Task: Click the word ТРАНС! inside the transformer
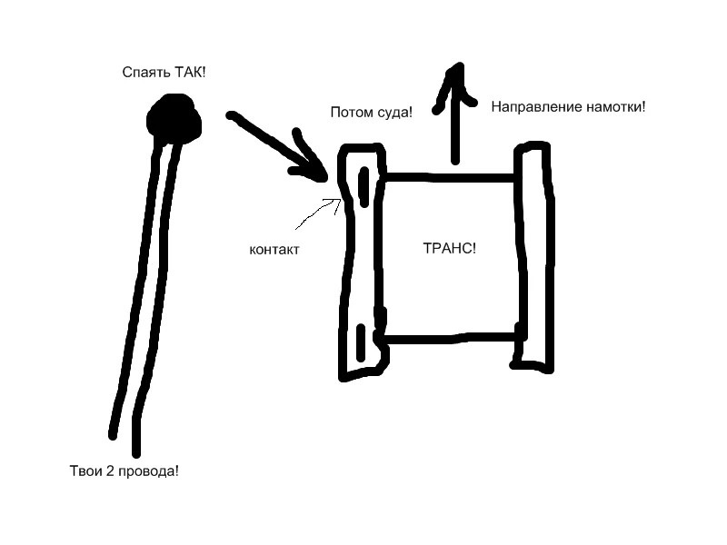(x=450, y=249)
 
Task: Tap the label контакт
(x=274, y=249)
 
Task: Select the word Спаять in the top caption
(x=143, y=71)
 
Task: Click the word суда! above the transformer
(x=393, y=113)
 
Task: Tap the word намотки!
(x=615, y=106)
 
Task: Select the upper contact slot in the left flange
(x=363, y=188)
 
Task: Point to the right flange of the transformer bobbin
(x=533, y=254)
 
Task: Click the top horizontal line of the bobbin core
(x=450, y=178)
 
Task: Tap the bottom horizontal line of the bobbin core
(x=450, y=338)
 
